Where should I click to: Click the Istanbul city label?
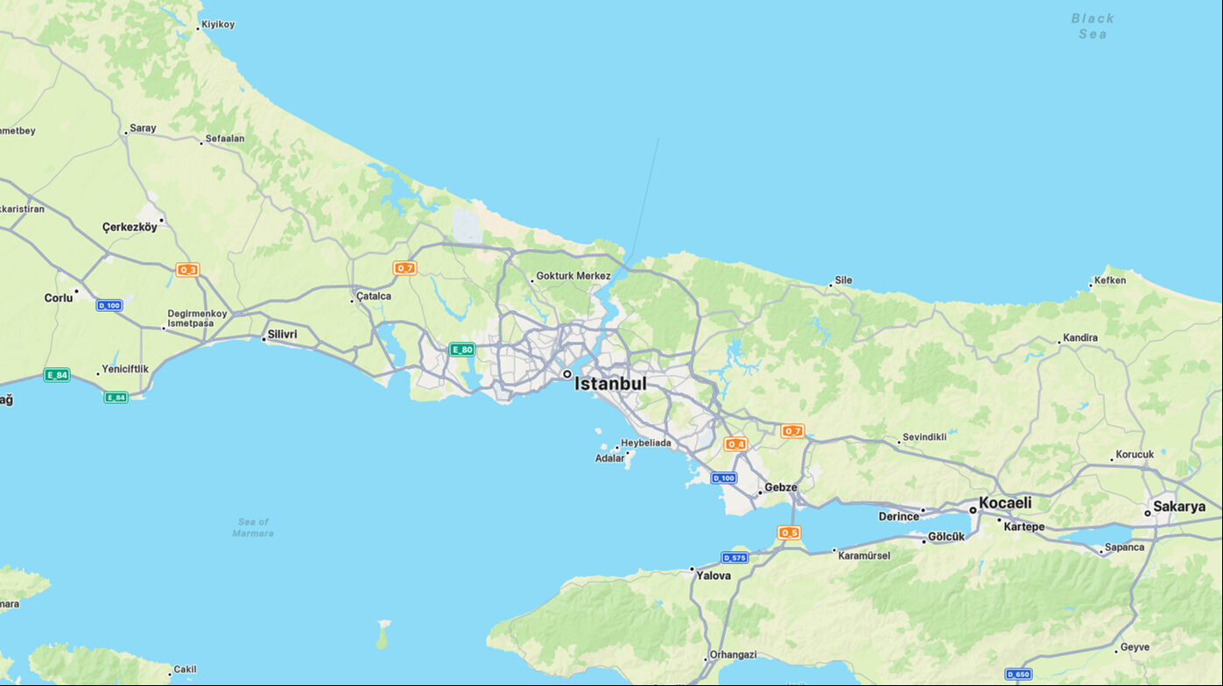coord(610,384)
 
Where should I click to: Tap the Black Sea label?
coord(1093,26)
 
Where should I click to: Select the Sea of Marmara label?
coord(253,527)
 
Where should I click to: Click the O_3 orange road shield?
coord(187,270)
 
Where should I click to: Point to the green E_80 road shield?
coord(461,350)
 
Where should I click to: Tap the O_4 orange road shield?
coord(735,444)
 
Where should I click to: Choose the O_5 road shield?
coord(789,533)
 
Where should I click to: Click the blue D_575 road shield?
coord(735,558)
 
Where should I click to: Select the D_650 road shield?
coord(1018,675)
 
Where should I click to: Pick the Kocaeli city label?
coord(1005,503)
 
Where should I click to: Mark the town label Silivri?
coord(282,335)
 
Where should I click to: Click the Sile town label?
coord(843,280)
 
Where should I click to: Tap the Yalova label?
coord(713,576)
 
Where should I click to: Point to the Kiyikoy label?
coord(218,25)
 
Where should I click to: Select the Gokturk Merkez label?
coord(573,276)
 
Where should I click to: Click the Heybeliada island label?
coord(646,443)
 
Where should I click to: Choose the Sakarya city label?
coord(1179,506)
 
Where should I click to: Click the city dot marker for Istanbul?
coord(567,374)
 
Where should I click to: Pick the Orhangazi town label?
coord(733,654)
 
